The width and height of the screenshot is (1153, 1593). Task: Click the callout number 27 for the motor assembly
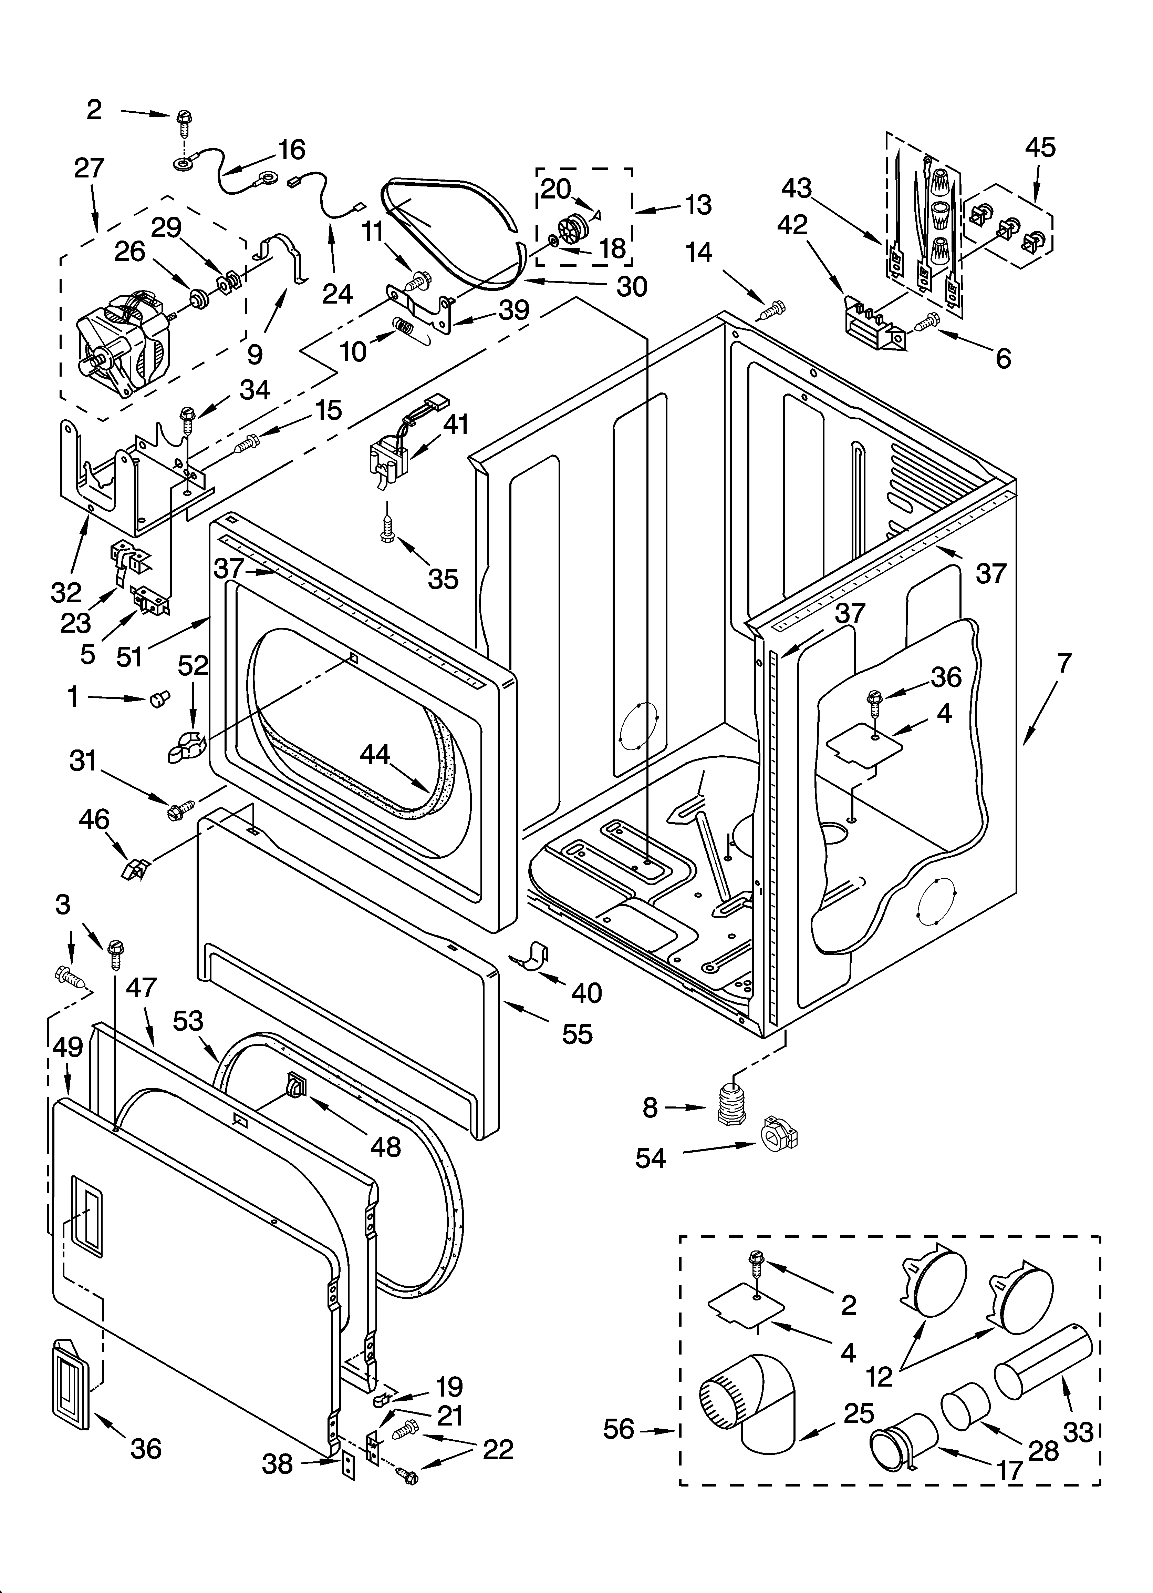(x=89, y=169)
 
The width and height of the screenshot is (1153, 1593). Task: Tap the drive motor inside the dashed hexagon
(x=126, y=344)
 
